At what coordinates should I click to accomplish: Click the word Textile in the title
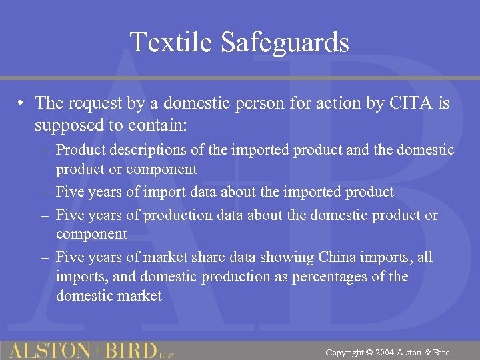tap(171, 42)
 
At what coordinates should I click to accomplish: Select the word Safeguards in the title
tap(285, 42)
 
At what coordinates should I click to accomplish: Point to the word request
tap(91, 103)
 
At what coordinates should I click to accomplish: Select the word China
tap(338, 257)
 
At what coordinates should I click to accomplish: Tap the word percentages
tap(347, 277)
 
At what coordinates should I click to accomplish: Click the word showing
tap(287, 257)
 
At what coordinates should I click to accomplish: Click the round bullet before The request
tap(22, 103)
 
